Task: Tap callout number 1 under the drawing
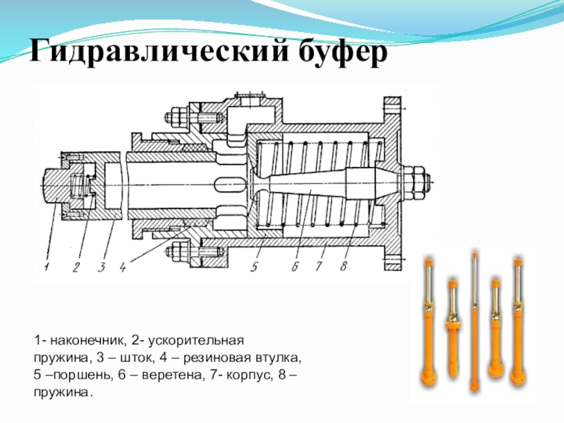pos(46,266)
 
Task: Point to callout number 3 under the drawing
pos(102,266)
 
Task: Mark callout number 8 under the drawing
pos(343,267)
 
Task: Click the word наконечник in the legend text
pos(85,341)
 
